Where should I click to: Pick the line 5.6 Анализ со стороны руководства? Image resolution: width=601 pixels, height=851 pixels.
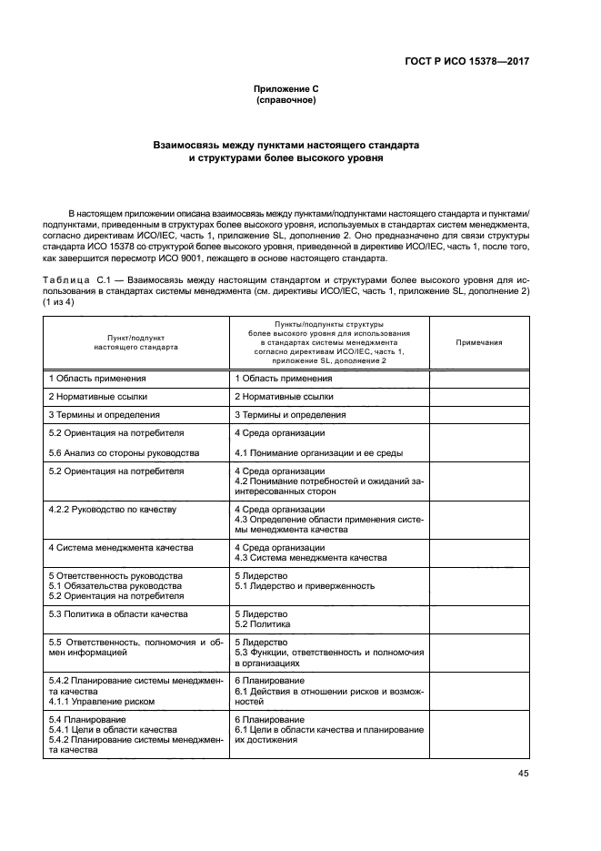[124, 452]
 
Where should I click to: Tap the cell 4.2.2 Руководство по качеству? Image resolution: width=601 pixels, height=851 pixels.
[111, 510]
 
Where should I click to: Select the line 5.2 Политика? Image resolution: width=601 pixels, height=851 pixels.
[263, 624]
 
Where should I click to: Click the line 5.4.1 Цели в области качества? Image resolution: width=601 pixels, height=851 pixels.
[113, 730]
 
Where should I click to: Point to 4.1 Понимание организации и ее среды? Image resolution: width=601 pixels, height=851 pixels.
[319, 452]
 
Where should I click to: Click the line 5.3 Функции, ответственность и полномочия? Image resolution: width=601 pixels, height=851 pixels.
[329, 653]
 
